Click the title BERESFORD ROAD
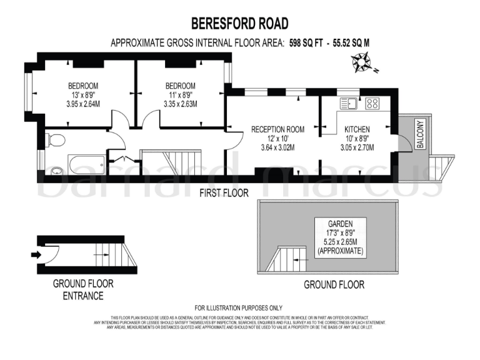click(x=239, y=24)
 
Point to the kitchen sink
click(x=348, y=104)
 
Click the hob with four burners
click(x=373, y=104)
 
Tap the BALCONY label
click(x=421, y=133)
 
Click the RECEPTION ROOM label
click(x=277, y=129)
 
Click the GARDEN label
click(x=341, y=223)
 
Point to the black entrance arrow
click(x=36, y=254)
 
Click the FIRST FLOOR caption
click(x=224, y=192)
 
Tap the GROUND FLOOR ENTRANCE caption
click(x=82, y=289)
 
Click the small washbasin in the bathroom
click(x=57, y=169)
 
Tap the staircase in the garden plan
click(x=287, y=259)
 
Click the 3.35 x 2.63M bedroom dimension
click(x=180, y=104)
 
